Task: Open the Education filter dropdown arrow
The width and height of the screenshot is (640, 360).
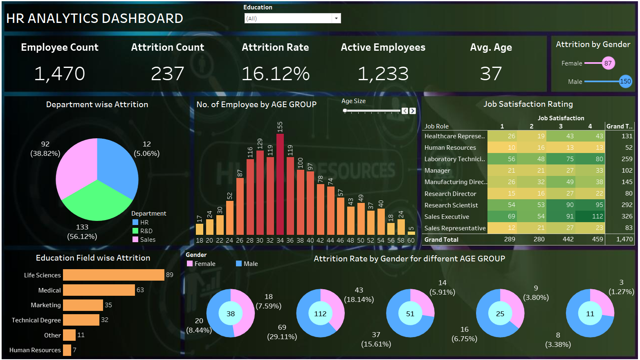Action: pyautogui.click(x=336, y=18)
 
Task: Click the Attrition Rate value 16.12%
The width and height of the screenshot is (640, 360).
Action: pyautogui.click(x=275, y=74)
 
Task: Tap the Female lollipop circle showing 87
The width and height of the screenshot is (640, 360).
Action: pyautogui.click(x=608, y=63)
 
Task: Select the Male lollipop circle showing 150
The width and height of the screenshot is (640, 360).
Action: pyautogui.click(x=625, y=81)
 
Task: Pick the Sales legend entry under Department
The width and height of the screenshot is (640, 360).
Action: pyautogui.click(x=148, y=240)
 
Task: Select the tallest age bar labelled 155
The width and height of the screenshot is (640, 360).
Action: pyautogui.click(x=280, y=184)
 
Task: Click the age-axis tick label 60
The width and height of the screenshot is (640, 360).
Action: pyautogui.click(x=411, y=241)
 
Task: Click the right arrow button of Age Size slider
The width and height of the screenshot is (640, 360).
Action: pyautogui.click(x=413, y=111)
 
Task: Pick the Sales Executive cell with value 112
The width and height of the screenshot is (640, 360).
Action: pyautogui.click(x=590, y=216)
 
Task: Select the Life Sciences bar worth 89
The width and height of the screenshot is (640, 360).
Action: pyautogui.click(x=113, y=275)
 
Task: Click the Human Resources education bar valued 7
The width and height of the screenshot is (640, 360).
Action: pyautogui.click(x=67, y=350)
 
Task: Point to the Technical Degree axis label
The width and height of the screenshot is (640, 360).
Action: pyautogui.click(x=36, y=320)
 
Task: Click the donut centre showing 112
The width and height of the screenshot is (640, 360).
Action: pyautogui.click(x=320, y=314)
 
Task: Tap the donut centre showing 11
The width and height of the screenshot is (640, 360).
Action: pyautogui.click(x=590, y=314)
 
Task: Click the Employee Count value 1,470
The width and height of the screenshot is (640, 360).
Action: pyautogui.click(x=60, y=74)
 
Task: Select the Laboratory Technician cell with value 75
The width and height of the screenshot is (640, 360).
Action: pyautogui.click(x=561, y=159)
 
